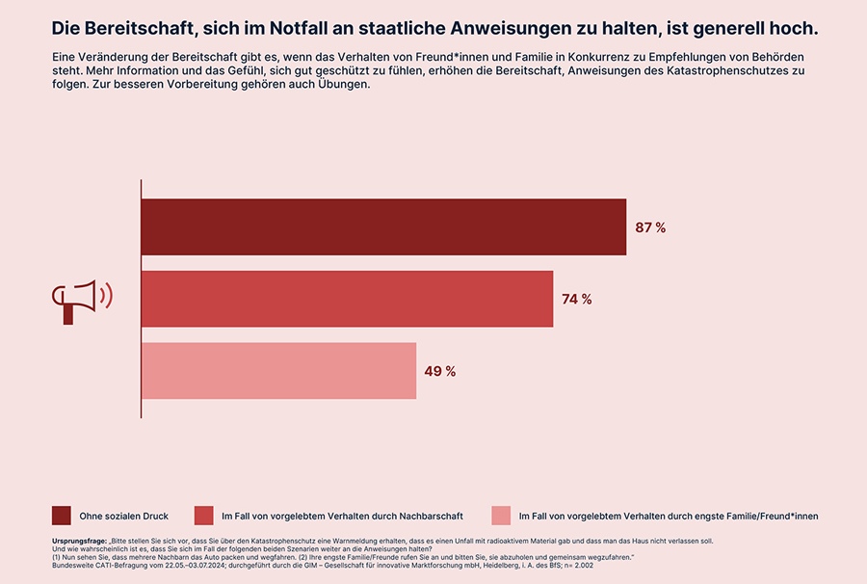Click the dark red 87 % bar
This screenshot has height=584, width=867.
(383, 226)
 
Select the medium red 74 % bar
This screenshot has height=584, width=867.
(347, 299)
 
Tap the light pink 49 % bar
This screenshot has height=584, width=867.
(278, 370)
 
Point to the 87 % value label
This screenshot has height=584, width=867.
(650, 227)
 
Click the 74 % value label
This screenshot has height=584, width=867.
(577, 299)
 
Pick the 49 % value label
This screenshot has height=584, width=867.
(440, 371)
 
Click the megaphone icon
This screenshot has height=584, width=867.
(82, 302)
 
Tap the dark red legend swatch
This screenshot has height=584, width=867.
(62, 516)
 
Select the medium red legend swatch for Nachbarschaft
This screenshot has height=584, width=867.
(203, 516)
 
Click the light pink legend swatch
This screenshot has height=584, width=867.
(501, 516)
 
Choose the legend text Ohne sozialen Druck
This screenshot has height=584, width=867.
(124, 516)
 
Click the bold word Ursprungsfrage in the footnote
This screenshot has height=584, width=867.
(79, 541)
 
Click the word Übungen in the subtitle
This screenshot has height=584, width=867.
(344, 84)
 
